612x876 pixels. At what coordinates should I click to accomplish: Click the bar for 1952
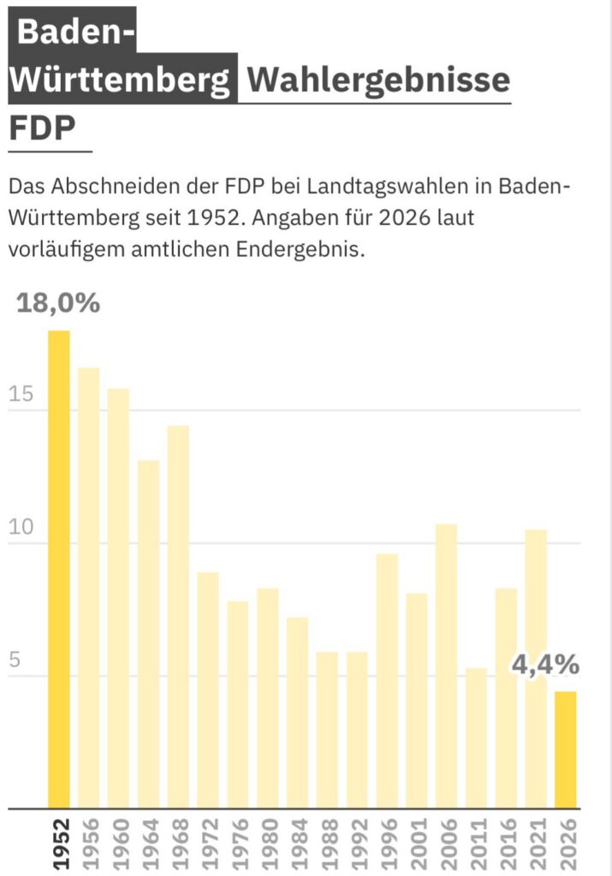coord(59,569)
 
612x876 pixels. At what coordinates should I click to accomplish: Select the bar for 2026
coord(566,749)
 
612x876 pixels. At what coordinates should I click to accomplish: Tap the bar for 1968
coord(178,617)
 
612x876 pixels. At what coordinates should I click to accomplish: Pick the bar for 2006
coord(447,666)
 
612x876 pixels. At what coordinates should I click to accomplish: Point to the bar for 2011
coord(477,737)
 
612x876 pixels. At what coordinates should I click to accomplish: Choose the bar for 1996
coord(387,681)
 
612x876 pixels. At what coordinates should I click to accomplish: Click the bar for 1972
coord(208,690)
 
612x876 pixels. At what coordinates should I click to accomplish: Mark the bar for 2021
coord(536,669)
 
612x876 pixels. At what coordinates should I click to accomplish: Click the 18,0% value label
coord(58,303)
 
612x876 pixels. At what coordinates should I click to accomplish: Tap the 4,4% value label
coord(545,664)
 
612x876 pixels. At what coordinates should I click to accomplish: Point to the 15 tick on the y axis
coord(21,395)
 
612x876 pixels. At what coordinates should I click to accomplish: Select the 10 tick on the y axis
coord(21,528)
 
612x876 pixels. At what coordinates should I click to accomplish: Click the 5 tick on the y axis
coord(14,661)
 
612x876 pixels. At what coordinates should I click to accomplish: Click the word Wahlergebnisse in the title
coord(377,81)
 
